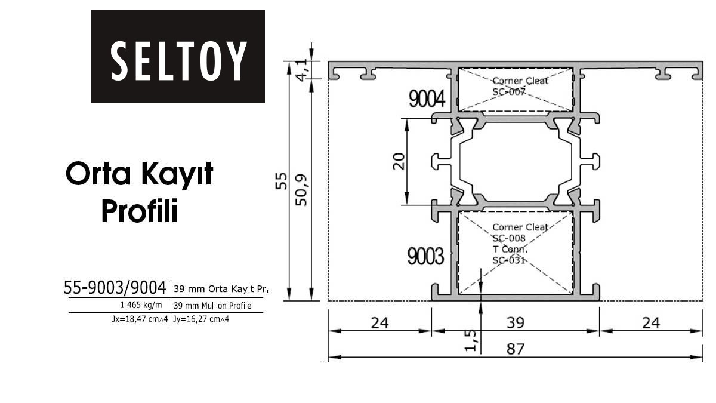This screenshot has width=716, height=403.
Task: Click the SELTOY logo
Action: click(x=178, y=56)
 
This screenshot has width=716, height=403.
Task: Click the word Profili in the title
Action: click(x=140, y=211)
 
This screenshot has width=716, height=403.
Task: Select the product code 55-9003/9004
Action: click(x=115, y=288)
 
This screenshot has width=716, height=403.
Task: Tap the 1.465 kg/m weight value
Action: click(x=141, y=305)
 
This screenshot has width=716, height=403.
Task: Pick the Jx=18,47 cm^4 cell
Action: click(x=140, y=319)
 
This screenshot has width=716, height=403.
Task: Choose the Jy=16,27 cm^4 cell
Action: click(x=201, y=319)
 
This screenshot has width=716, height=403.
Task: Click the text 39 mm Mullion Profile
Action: click(x=212, y=306)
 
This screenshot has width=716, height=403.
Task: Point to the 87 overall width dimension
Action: click(x=516, y=349)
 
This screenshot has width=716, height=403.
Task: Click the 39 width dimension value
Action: click(x=516, y=323)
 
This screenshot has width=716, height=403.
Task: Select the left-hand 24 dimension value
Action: click(x=379, y=323)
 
